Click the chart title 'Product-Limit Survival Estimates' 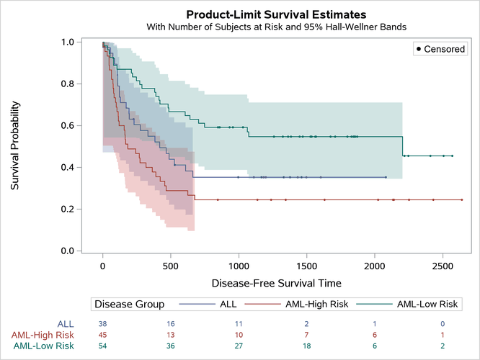(276, 14)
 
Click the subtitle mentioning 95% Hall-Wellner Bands (276, 27)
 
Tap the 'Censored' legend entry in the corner (442, 49)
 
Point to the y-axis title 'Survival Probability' (15, 146)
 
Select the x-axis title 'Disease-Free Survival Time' (275, 283)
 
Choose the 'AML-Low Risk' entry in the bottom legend (427, 305)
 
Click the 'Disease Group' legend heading (130, 305)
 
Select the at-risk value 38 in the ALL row (103, 324)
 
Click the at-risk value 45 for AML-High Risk (103, 335)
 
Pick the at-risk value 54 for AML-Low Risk (103, 346)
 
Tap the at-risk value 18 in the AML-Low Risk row (307, 346)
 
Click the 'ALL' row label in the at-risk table (64, 324)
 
